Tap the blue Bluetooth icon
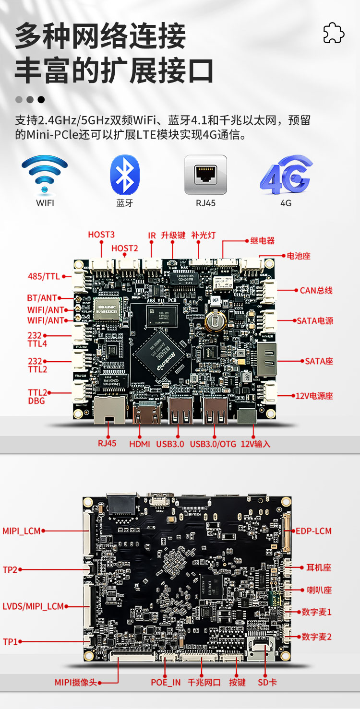click(125, 175)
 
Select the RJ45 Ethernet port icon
click(205, 175)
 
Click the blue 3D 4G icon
click(286, 175)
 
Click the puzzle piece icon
click(334, 33)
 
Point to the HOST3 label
click(101, 235)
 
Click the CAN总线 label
click(316, 290)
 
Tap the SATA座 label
click(319, 361)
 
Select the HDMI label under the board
click(140, 444)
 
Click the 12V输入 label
click(255, 444)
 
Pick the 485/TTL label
click(44, 276)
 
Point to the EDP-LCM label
click(313, 531)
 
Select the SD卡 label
click(267, 682)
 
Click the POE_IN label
click(166, 682)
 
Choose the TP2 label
click(10, 569)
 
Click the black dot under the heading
click(41, 100)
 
